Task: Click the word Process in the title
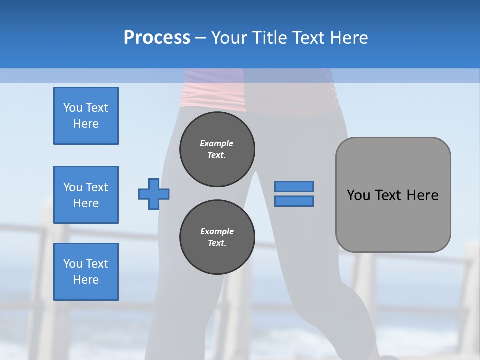click(157, 38)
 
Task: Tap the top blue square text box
click(86, 116)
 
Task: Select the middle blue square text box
click(86, 195)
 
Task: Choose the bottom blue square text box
click(86, 272)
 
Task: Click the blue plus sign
click(154, 194)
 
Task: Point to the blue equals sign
click(294, 194)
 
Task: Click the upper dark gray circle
click(217, 149)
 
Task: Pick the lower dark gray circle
click(217, 237)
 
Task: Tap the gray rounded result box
click(393, 195)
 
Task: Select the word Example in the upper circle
click(217, 143)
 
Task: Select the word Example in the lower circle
click(217, 231)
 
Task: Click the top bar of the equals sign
click(294, 186)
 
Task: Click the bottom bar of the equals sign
click(294, 201)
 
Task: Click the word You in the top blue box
click(73, 108)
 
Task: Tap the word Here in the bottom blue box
click(86, 280)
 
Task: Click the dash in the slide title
click(200, 38)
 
